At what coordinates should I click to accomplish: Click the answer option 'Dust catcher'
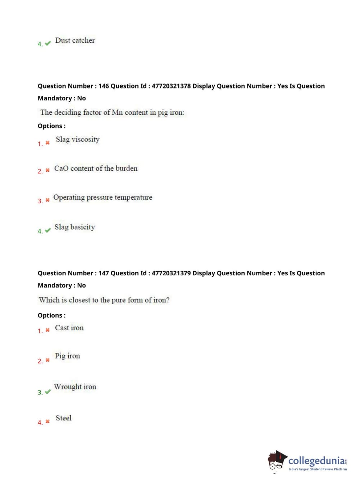[75, 40]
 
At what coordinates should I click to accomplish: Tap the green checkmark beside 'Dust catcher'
[48, 44]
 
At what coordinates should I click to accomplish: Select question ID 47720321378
[171, 86]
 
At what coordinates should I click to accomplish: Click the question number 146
[103, 86]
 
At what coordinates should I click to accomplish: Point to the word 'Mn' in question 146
[117, 112]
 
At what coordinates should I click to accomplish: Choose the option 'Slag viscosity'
[77, 139]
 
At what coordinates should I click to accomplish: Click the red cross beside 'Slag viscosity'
[47, 143]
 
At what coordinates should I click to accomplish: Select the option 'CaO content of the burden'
[96, 168]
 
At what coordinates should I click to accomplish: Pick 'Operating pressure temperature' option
[102, 197]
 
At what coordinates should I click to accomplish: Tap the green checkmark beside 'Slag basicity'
[48, 230]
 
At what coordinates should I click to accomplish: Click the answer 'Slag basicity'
[74, 227]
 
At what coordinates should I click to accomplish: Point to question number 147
[103, 273]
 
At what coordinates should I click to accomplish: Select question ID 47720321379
[171, 273]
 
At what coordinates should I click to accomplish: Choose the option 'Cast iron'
[69, 328]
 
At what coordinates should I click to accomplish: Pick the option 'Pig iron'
[67, 356]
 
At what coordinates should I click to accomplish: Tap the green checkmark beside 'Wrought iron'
[48, 392]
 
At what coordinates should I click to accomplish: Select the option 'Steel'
[63, 418]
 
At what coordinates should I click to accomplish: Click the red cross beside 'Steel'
[47, 421]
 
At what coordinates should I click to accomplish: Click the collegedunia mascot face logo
[277, 461]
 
